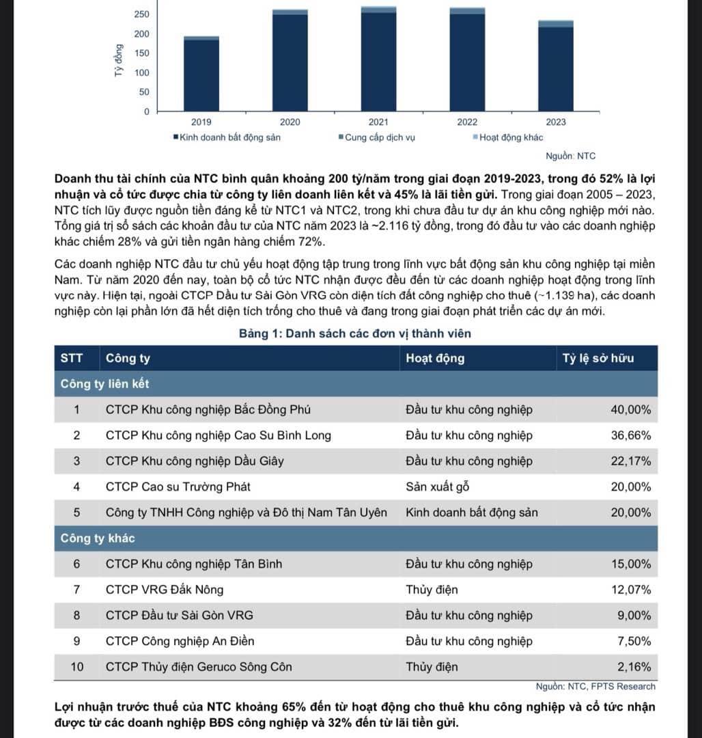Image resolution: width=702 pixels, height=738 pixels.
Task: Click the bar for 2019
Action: point(201,75)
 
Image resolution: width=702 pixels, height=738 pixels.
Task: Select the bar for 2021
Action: point(378,61)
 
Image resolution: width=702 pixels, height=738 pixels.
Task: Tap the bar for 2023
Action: point(556,68)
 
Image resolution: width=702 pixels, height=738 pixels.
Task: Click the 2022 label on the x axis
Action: point(467,122)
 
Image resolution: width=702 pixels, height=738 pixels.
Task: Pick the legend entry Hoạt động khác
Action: point(507,137)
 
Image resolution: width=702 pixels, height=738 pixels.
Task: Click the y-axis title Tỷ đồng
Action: point(119,61)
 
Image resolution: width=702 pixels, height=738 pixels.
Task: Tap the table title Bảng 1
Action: point(354,334)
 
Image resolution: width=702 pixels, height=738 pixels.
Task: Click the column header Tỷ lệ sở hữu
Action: point(598,358)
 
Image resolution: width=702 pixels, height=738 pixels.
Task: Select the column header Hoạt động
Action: point(435,358)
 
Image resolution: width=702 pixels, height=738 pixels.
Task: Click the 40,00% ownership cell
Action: point(630,410)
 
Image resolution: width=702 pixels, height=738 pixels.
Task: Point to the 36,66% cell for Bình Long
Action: point(630,435)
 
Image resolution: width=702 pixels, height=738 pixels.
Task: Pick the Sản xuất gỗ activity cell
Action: point(437,487)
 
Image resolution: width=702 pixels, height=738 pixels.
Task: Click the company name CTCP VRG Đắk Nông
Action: point(165,589)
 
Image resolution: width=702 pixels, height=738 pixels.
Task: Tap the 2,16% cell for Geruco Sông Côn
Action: point(634,666)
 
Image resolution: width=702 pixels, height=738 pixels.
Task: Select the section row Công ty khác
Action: point(98,538)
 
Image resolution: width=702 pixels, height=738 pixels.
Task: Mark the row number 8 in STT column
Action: point(76,615)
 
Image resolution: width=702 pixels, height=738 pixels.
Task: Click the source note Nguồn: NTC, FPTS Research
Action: point(595,686)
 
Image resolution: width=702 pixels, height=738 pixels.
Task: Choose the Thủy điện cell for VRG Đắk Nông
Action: point(432,589)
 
